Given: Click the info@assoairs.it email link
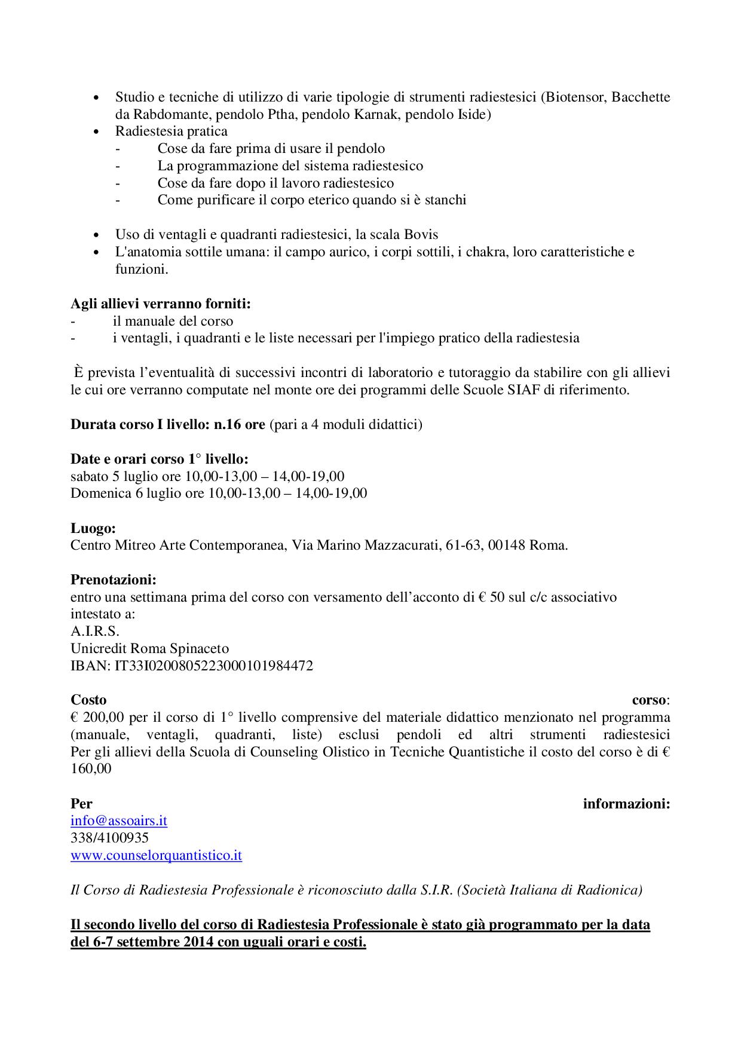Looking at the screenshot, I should [119, 820].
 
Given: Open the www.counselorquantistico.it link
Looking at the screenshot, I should [156, 855].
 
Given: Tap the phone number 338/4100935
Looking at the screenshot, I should [109, 838].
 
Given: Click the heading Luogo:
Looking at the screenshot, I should [93, 528].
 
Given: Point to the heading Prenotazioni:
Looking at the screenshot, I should [114, 580].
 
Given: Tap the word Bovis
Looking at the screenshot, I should [421, 234].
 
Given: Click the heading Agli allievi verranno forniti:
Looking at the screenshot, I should [161, 304].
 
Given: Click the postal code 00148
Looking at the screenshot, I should [507, 546].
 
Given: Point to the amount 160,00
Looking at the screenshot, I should [91, 769].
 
